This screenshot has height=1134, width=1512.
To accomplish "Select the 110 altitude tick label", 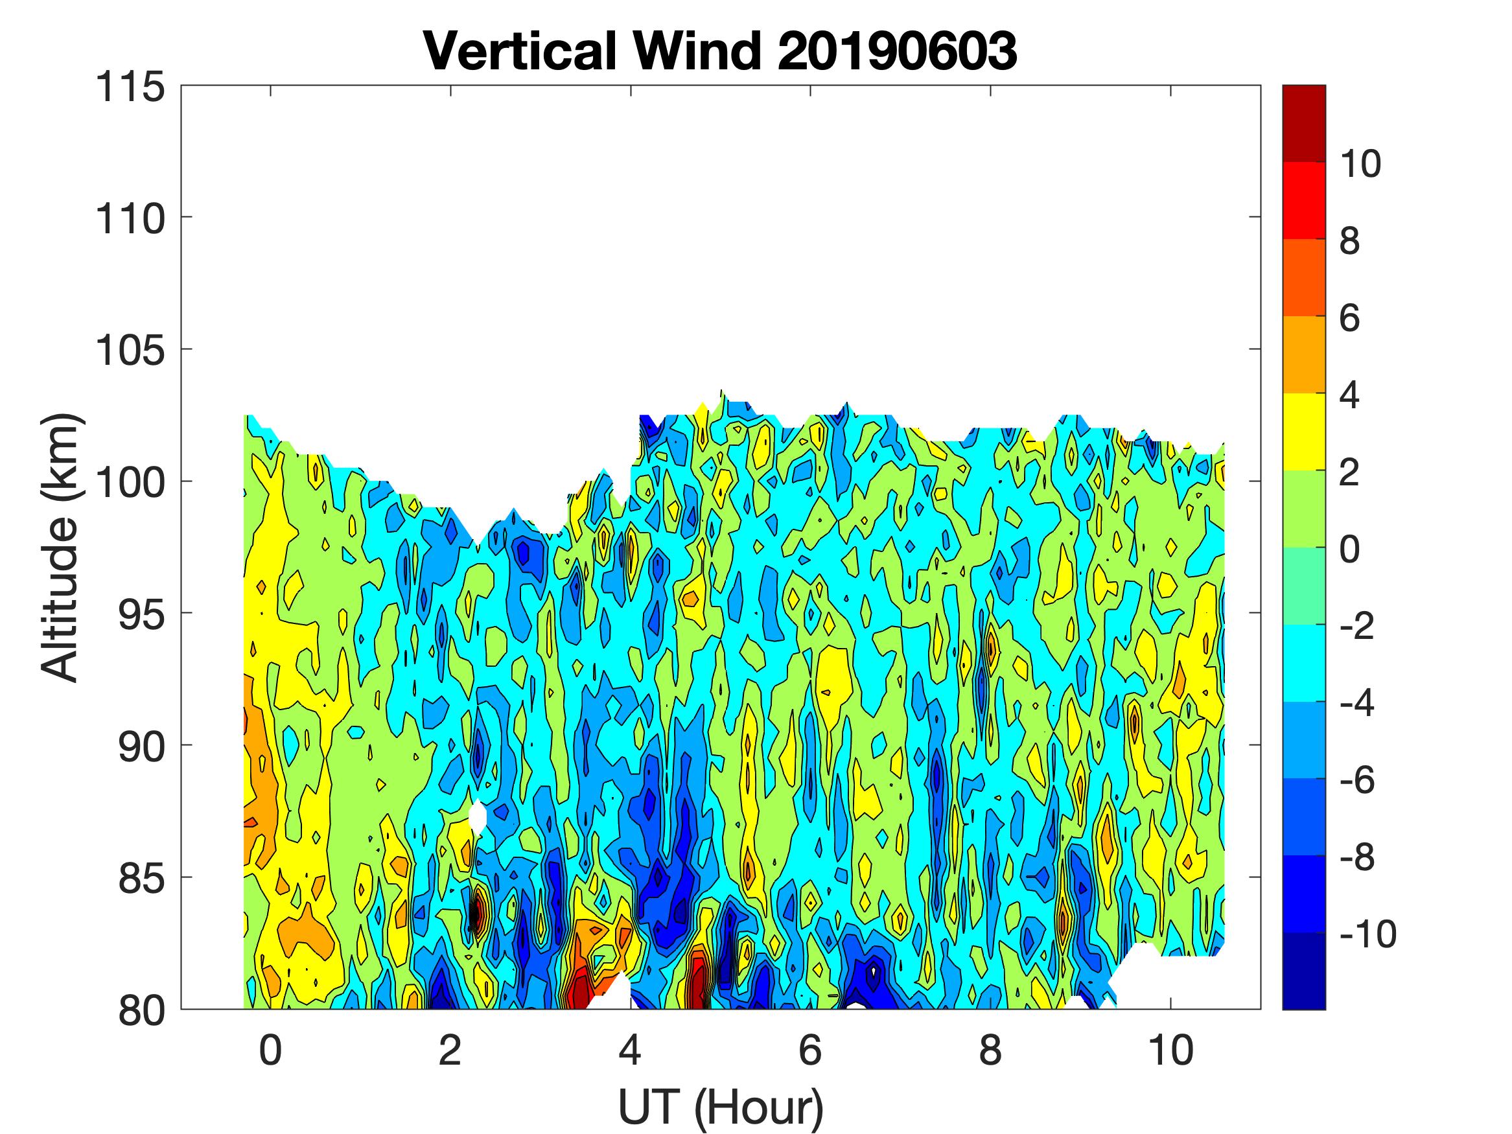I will [x=130, y=219].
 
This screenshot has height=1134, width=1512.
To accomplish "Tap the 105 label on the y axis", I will [x=130, y=351].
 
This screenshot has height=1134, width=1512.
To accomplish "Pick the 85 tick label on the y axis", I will [x=141, y=878].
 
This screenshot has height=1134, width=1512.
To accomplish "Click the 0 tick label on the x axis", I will [x=271, y=1050].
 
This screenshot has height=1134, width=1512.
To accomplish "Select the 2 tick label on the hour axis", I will [x=450, y=1050].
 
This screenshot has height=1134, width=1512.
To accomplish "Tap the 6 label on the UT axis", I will [x=810, y=1050].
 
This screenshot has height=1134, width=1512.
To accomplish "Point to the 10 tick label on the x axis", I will [x=1171, y=1050].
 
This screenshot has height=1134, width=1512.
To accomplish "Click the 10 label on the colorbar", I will [x=1360, y=164].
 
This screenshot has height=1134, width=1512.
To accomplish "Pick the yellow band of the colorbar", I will [x=1303, y=432].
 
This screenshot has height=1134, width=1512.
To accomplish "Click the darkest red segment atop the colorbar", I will [x=1303, y=123].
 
